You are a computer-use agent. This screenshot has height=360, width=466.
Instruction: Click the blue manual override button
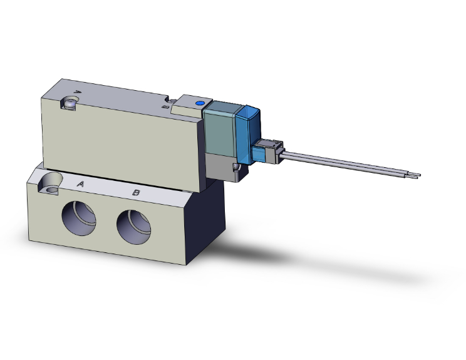[200, 103]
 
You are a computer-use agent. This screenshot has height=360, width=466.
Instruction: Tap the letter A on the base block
[81, 184]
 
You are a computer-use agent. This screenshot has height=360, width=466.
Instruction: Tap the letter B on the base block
[136, 192]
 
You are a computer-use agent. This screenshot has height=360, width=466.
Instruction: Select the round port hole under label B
[133, 226]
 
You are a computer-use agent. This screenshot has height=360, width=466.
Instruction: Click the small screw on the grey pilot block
[236, 168]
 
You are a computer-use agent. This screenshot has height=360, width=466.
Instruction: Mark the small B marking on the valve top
[165, 107]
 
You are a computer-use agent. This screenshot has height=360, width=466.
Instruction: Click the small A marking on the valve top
[78, 92]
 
